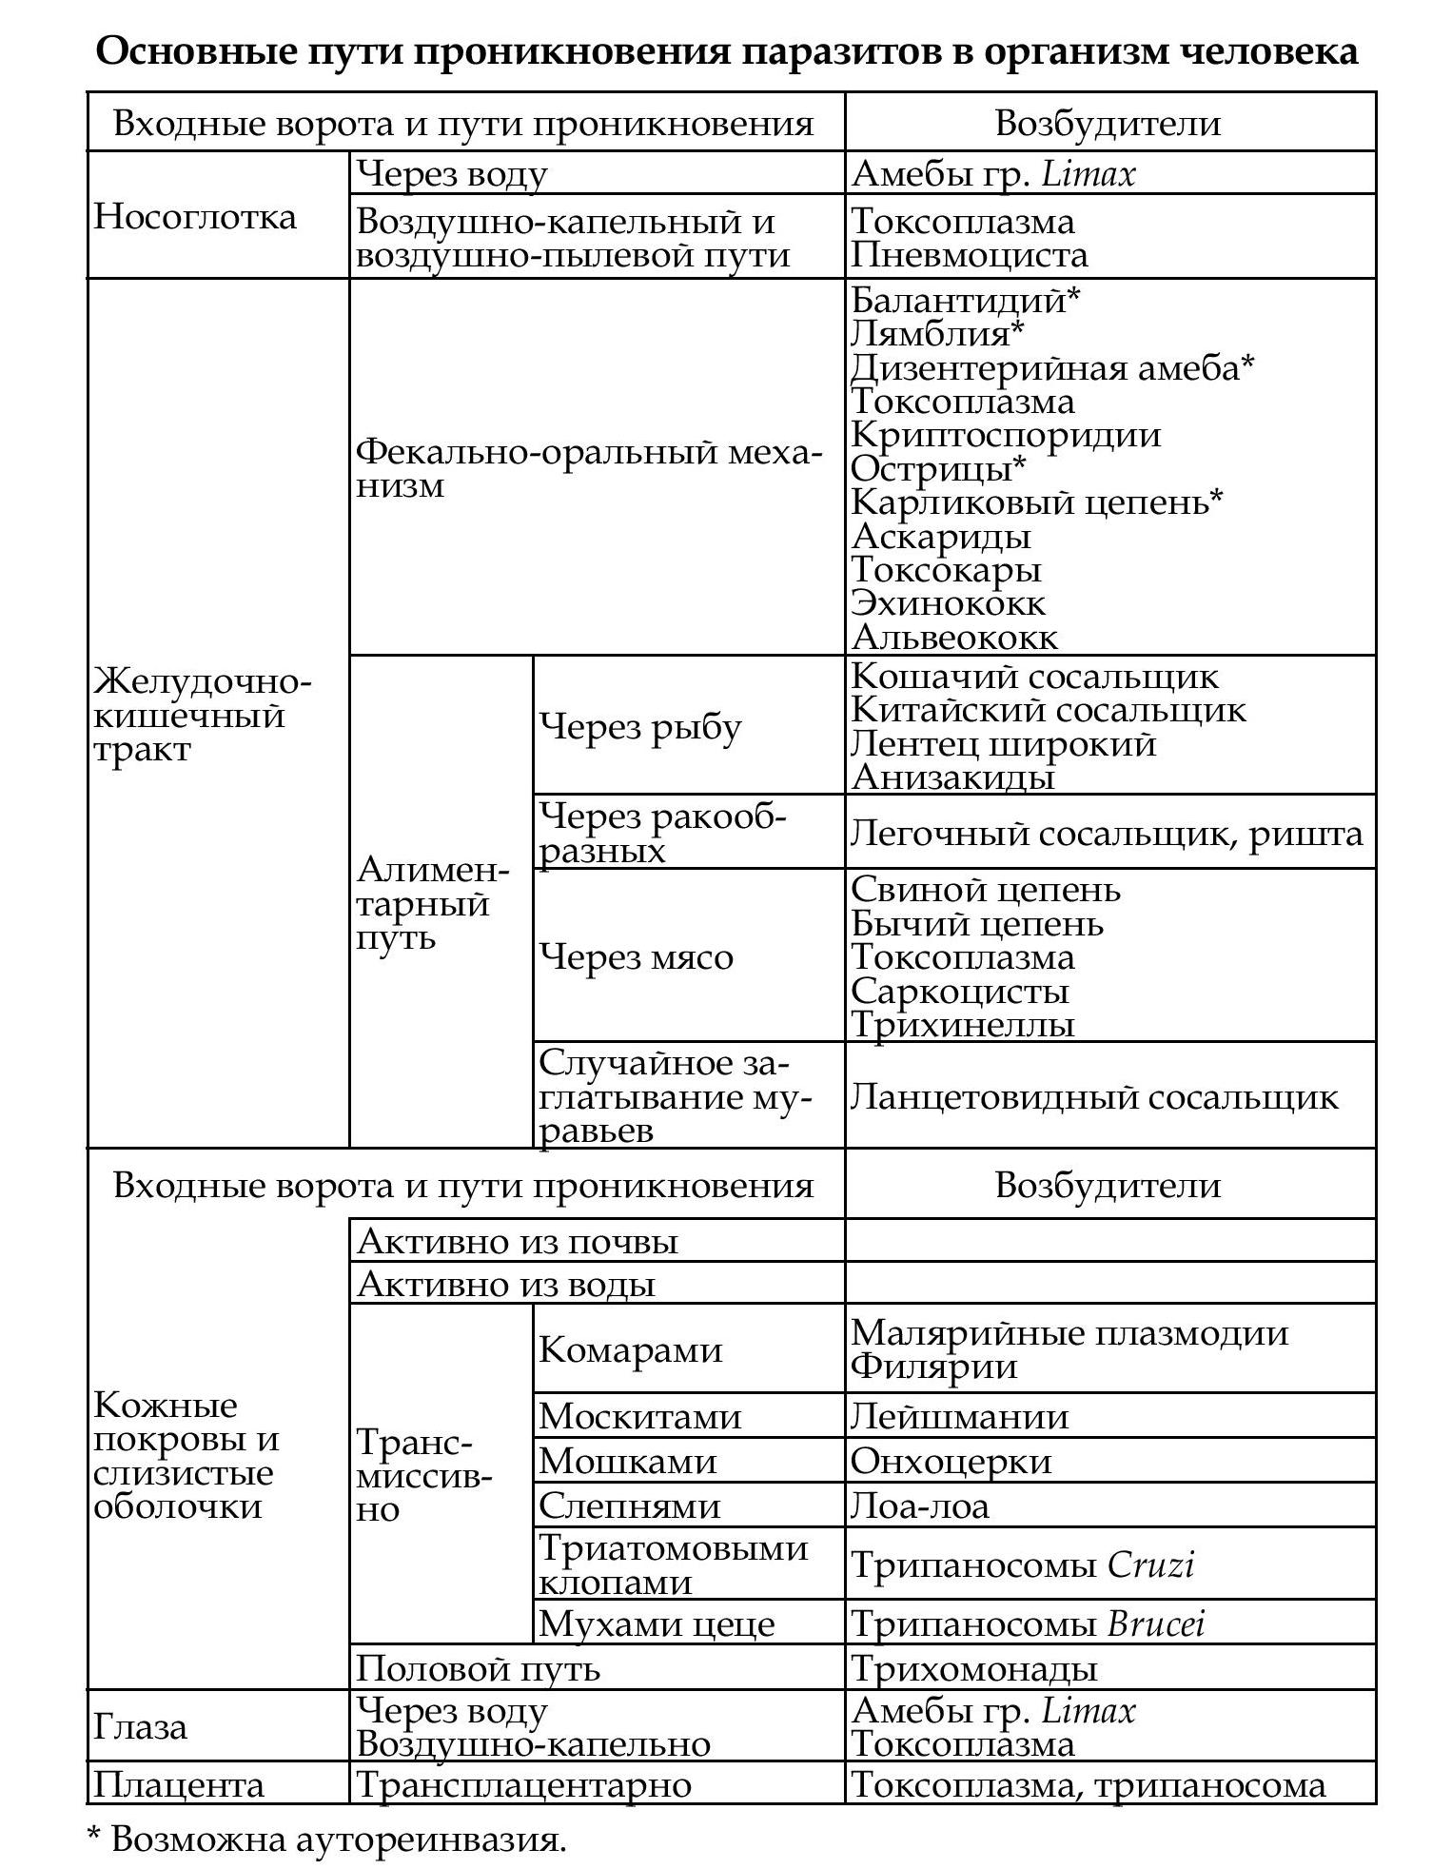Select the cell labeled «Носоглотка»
[195, 217]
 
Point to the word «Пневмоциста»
[969, 255]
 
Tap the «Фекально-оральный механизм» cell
[588, 467]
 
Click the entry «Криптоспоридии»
[1005, 435]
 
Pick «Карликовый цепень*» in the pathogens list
[1035, 502]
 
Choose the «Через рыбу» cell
[639, 727]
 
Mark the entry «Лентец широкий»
[1003, 743]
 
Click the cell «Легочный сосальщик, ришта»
[1107, 834]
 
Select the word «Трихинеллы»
[962, 1025]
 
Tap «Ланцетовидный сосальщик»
[1094, 1097]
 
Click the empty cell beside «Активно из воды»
[1109, 1284]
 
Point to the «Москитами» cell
[639, 1417]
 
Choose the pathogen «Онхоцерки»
[951, 1461]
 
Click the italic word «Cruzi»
[1150, 1564]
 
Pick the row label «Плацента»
[178, 1784]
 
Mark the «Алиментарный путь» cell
[433, 903]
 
